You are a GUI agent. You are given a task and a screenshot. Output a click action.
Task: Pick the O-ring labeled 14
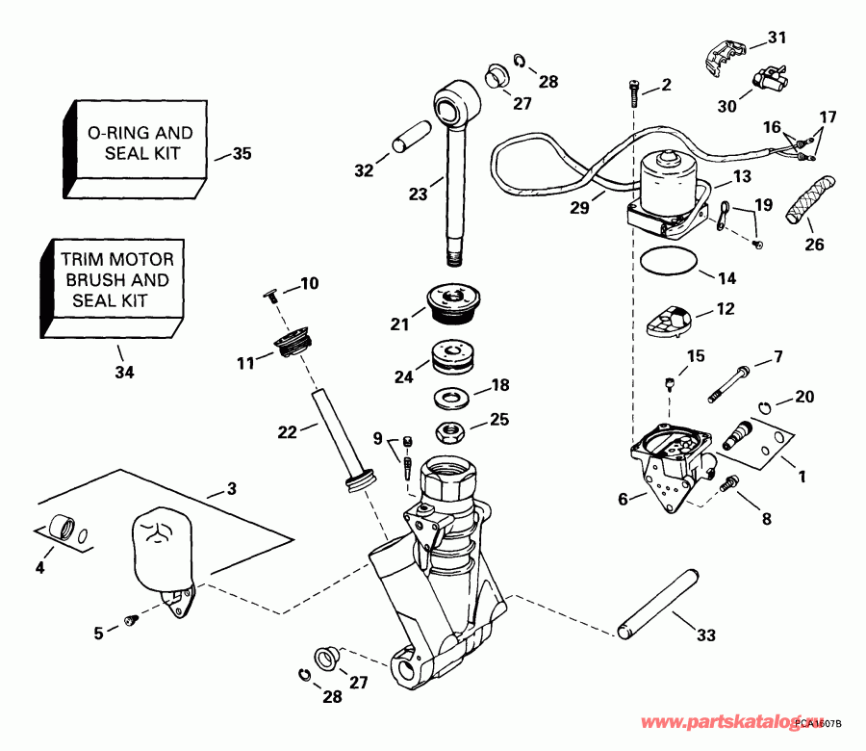670,261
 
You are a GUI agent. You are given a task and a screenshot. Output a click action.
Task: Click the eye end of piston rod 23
455,102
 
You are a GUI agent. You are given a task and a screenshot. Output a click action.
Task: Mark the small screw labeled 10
272,295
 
